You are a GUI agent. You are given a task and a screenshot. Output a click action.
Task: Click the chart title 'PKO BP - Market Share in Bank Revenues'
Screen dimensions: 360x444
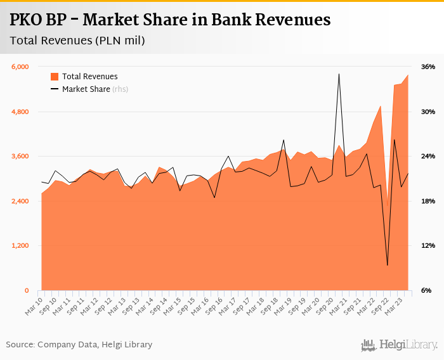(x=170, y=20)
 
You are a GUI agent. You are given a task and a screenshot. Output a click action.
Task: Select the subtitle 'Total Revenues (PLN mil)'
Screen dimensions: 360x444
(x=77, y=41)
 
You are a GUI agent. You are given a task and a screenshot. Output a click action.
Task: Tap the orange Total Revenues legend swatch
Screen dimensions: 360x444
(x=55, y=77)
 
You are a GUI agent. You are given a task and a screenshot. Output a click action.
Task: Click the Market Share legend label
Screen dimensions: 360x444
(x=86, y=89)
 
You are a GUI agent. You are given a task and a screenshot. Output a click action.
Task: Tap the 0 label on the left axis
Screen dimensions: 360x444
(x=27, y=291)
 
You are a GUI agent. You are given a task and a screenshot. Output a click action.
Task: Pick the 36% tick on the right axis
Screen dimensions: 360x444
(x=428, y=67)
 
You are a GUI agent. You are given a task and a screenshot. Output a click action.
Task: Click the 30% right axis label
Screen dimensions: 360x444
(x=428, y=112)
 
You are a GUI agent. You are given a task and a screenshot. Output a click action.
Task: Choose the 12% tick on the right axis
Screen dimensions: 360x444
(x=428, y=246)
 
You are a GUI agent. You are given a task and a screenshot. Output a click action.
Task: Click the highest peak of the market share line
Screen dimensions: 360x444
(x=339, y=74)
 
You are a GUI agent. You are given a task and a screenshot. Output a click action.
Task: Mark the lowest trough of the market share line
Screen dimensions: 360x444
(x=388, y=265)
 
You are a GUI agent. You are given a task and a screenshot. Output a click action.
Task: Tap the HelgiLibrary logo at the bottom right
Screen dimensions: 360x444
(x=400, y=345)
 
